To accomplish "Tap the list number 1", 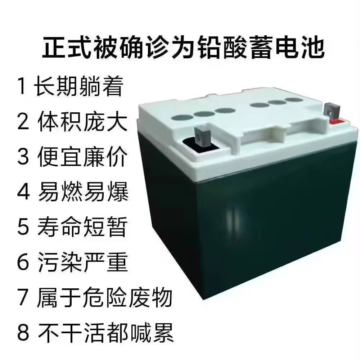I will click(22, 86).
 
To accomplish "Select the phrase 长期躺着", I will click(78, 86).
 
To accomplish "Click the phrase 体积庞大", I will click(82, 122).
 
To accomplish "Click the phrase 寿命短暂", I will click(82, 227).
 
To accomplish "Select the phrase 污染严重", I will click(82, 263).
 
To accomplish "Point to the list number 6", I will click(23, 263).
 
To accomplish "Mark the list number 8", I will click(23, 333).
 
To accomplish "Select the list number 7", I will click(23, 298).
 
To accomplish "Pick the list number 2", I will click(23, 122).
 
